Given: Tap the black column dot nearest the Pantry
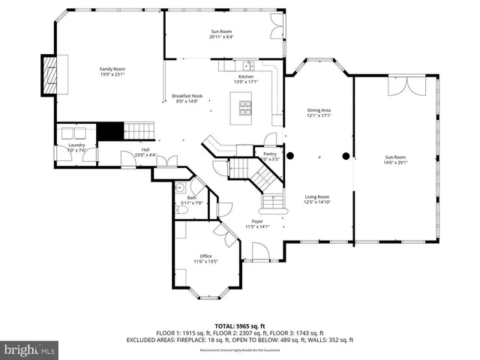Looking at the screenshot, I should click(x=292, y=157).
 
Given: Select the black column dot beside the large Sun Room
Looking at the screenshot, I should click(x=346, y=157).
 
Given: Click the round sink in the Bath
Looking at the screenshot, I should click(x=181, y=187).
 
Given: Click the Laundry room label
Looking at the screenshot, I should click(x=76, y=146).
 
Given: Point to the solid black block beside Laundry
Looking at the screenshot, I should click(x=112, y=130).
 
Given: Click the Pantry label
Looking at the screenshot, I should click(x=269, y=155).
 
